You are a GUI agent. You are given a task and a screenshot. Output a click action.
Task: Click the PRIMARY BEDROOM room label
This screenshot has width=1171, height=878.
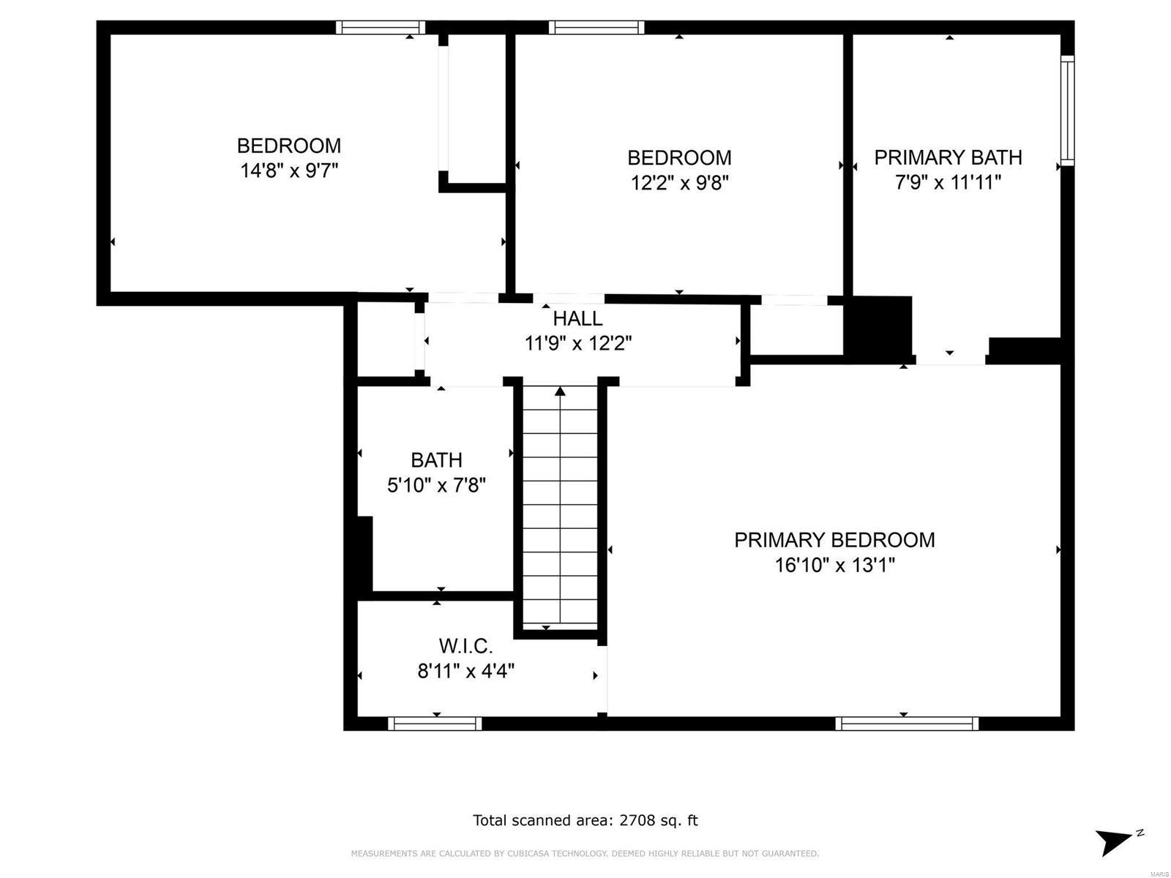834,540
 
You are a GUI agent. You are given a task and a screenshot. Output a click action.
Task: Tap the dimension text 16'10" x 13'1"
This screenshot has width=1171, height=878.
834,565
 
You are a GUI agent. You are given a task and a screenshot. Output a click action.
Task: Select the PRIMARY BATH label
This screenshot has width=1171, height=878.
948,157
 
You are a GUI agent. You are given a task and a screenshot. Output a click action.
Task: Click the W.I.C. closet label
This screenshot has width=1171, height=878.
465,646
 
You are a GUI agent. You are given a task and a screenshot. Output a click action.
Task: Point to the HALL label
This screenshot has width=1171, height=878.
577,318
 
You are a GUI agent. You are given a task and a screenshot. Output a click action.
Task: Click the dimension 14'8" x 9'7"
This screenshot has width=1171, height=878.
289,170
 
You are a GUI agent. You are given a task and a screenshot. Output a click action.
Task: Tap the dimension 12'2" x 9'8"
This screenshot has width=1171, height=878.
679,182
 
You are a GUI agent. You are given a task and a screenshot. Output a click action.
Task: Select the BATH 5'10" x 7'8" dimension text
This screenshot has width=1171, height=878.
436,484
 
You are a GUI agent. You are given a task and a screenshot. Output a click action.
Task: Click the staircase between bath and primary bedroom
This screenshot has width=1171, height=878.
561,512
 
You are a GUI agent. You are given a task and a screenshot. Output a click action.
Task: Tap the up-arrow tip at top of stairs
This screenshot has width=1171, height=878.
561,391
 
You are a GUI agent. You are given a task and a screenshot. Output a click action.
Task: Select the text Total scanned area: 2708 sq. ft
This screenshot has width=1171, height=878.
585,820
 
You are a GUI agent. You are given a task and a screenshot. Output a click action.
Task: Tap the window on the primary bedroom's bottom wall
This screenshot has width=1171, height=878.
907,724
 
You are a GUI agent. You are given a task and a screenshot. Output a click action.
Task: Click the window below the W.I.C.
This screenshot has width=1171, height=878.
435,724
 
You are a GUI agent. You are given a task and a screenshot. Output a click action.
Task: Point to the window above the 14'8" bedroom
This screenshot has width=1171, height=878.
381,28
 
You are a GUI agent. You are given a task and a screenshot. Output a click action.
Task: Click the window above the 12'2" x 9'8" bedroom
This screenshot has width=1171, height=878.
596,28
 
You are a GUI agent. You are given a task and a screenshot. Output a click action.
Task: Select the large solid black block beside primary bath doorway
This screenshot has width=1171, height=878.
878,326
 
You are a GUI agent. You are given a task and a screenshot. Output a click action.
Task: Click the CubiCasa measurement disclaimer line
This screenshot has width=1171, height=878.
585,853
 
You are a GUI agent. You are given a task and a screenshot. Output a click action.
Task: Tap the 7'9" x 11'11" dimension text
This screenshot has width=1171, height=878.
948,182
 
